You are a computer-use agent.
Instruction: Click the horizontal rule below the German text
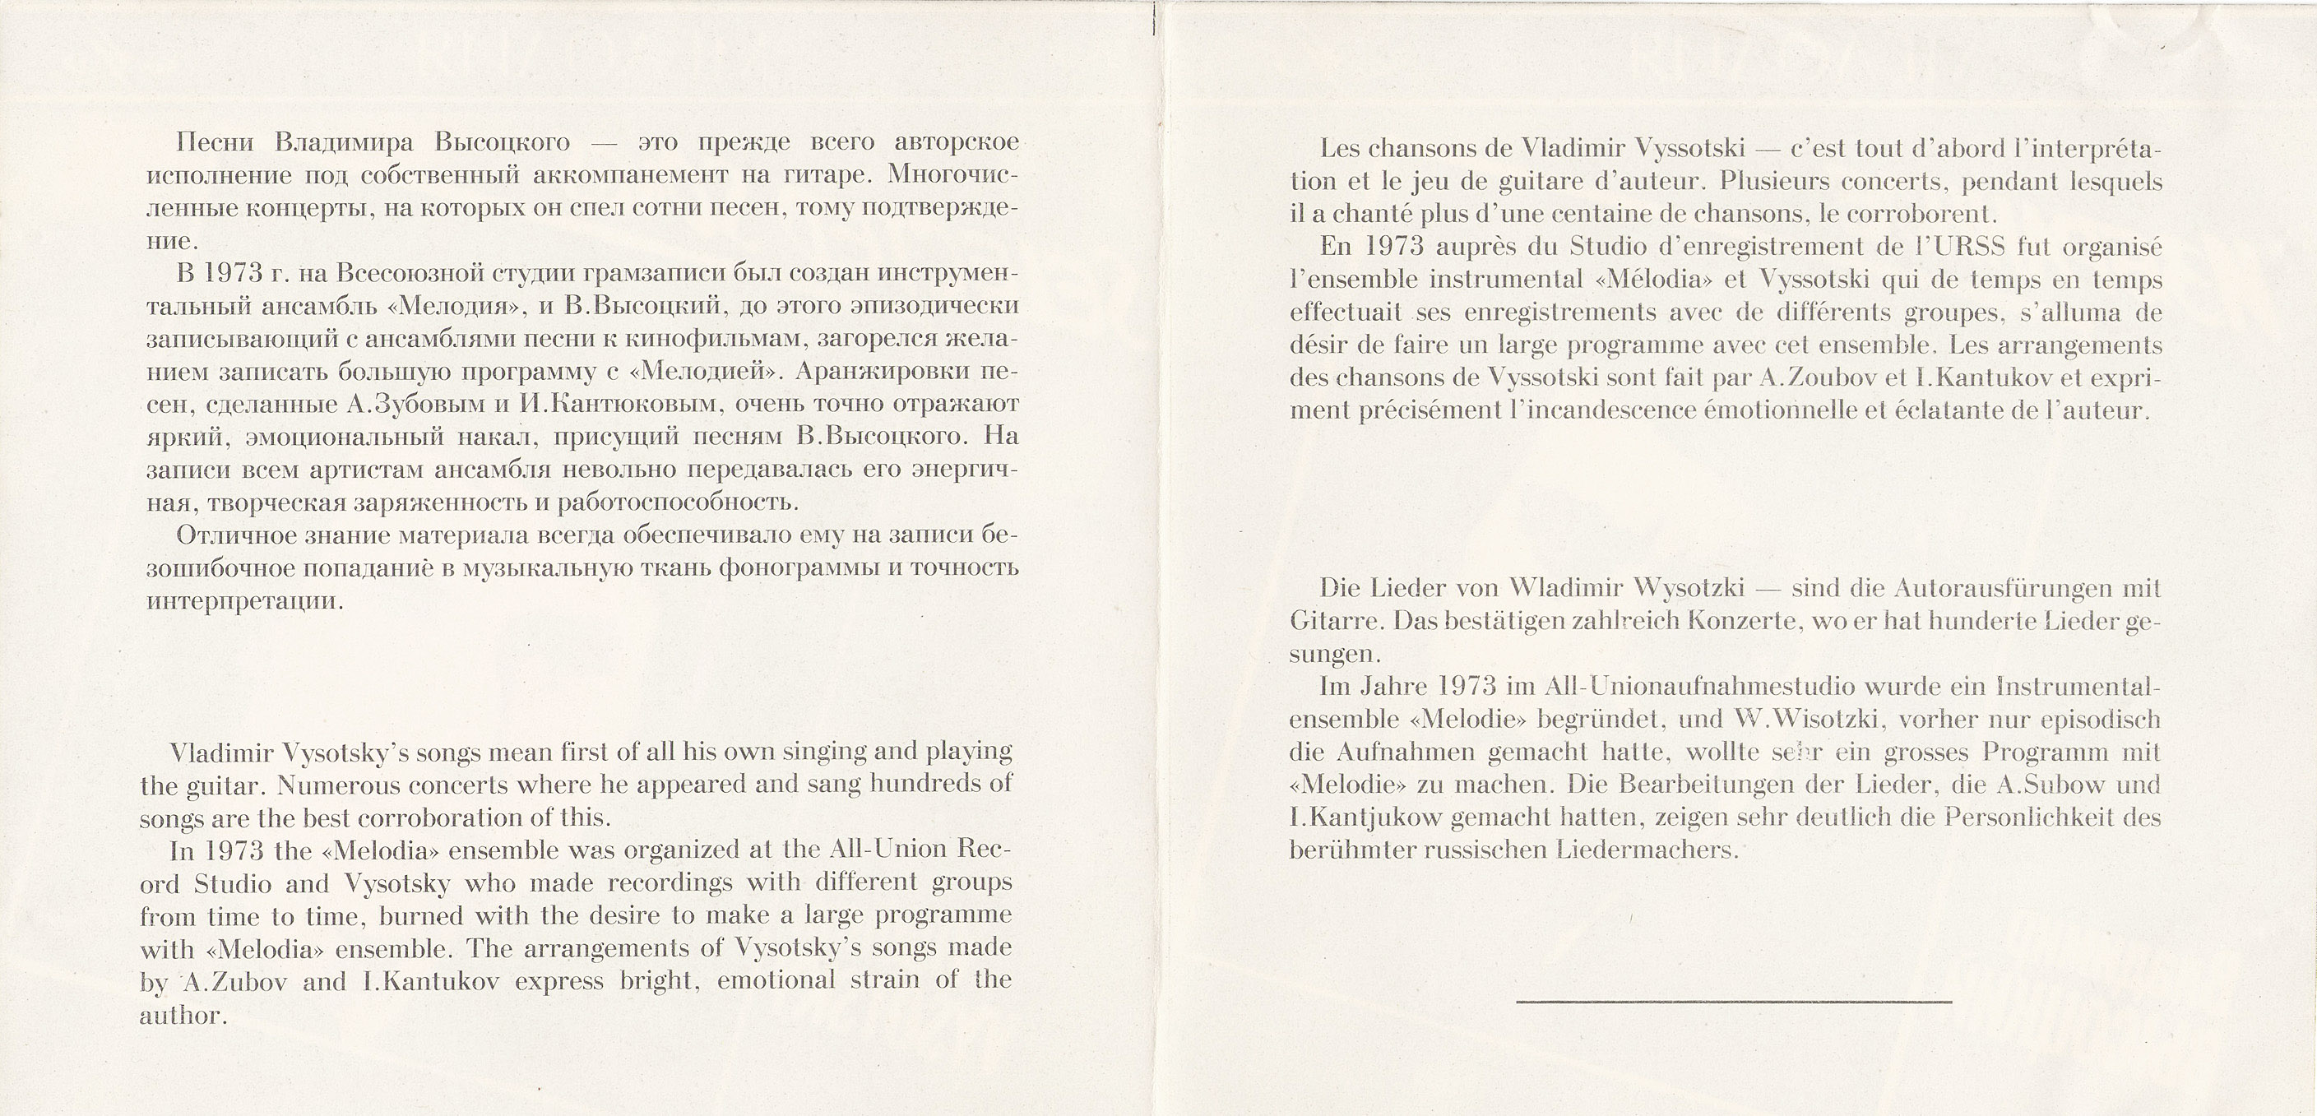click(x=1733, y=1001)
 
